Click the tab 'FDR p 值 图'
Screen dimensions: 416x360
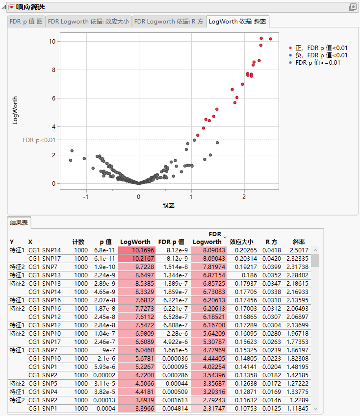26,22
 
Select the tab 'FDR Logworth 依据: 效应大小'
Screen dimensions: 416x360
88,22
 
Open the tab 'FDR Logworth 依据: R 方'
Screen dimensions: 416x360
169,22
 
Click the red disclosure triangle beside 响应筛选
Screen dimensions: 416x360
11,7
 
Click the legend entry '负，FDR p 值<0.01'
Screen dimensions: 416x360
318,55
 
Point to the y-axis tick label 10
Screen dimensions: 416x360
51,41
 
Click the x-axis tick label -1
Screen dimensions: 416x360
85,197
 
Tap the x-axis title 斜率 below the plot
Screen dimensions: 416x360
169,206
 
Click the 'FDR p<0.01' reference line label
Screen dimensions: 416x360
39,140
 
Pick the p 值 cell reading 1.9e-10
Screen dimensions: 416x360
103,267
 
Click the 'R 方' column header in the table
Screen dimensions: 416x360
271,242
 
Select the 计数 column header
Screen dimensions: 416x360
78,242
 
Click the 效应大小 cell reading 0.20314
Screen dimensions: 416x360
242,258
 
